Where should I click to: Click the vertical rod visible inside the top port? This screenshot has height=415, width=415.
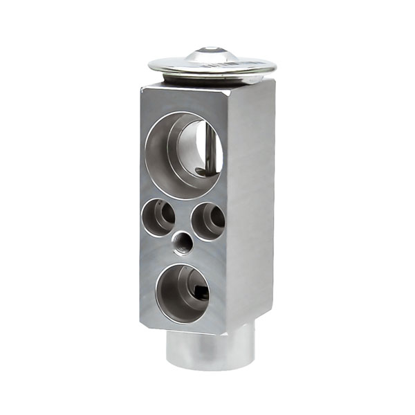coord(206,149)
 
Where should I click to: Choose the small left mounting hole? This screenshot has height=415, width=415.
coord(158,216)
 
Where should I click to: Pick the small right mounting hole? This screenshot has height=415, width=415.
coord(207,221)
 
